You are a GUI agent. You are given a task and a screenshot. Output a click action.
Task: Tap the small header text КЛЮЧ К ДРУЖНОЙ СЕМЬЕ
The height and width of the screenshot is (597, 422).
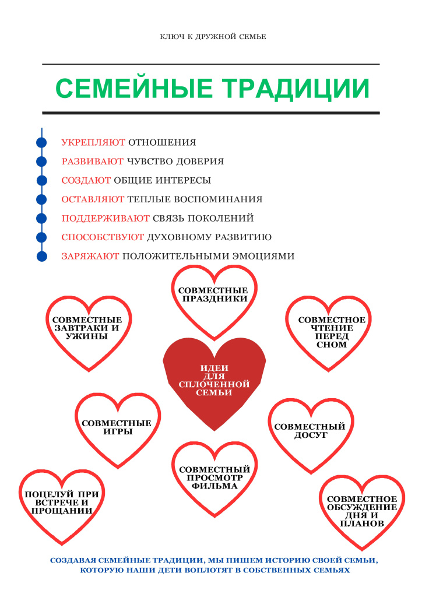click(213, 37)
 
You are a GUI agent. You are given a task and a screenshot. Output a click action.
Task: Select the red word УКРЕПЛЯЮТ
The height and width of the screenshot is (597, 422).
click(93, 142)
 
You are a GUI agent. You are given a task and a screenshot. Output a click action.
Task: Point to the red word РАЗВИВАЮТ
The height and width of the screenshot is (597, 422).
click(93, 161)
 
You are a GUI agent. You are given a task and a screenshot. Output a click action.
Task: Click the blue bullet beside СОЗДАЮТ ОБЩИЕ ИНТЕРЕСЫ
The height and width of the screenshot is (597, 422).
click(41, 180)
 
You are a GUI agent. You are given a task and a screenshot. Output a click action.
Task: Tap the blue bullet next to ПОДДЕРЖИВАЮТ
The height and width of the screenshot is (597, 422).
click(41, 218)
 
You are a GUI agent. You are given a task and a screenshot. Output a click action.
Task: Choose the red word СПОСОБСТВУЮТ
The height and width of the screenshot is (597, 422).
click(103, 237)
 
